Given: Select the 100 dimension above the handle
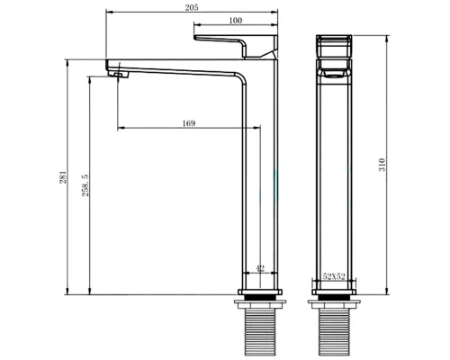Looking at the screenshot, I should [x=235, y=20].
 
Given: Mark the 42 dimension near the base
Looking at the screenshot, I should [x=261, y=268].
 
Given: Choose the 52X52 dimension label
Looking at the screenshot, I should [x=333, y=277].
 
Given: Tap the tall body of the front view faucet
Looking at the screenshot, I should [x=334, y=180].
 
